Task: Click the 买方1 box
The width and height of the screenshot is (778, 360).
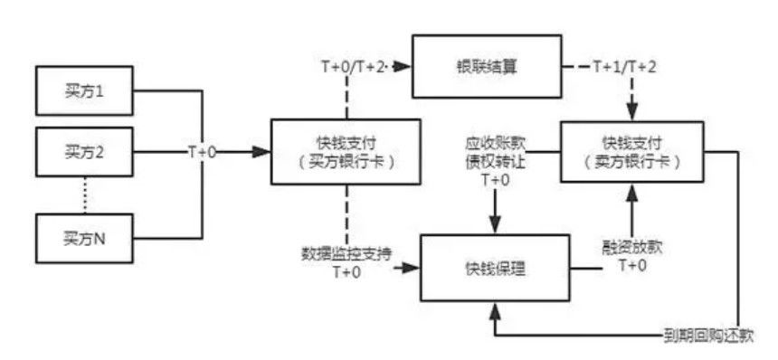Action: (x=84, y=93)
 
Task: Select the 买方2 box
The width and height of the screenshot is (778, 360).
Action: (x=84, y=151)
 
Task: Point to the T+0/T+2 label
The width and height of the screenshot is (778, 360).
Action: (x=354, y=67)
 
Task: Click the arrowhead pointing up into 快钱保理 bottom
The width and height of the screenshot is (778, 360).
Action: (x=494, y=309)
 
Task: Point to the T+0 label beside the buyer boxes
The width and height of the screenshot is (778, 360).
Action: (x=202, y=152)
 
